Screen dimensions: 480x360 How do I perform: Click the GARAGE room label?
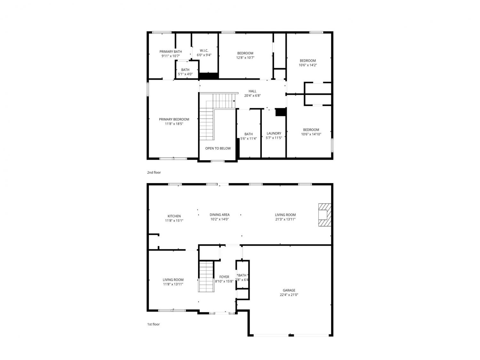click(x=289, y=290)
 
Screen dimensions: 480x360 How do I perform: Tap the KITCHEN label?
click(x=174, y=216)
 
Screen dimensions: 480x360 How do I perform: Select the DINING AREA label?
click(x=220, y=215)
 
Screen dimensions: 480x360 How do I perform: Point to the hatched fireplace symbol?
click(x=324, y=215)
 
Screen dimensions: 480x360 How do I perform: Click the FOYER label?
click(x=224, y=277)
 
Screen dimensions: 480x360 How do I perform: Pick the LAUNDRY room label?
click(x=274, y=133)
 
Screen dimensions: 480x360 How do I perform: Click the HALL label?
click(x=252, y=91)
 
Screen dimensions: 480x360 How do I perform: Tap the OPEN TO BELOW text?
click(x=218, y=148)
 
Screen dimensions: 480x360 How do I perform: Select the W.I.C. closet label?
click(x=204, y=51)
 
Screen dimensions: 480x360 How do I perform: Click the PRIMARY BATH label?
click(x=171, y=52)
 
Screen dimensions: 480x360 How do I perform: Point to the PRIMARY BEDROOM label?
click(x=174, y=119)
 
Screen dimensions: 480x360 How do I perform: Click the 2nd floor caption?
click(x=154, y=172)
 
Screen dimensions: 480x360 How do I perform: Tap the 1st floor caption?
click(x=153, y=324)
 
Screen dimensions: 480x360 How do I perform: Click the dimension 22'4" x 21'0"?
click(x=289, y=295)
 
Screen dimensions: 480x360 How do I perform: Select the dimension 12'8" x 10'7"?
click(x=245, y=58)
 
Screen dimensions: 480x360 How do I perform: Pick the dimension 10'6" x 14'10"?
click(x=311, y=134)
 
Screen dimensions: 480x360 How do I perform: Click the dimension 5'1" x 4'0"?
click(x=185, y=74)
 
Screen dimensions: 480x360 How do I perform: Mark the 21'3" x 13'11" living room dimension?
click(x=285, y=219)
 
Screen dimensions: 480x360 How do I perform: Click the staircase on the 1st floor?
click(x=206, y=276)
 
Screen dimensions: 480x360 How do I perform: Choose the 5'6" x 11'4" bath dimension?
click(x=248, y=139)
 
